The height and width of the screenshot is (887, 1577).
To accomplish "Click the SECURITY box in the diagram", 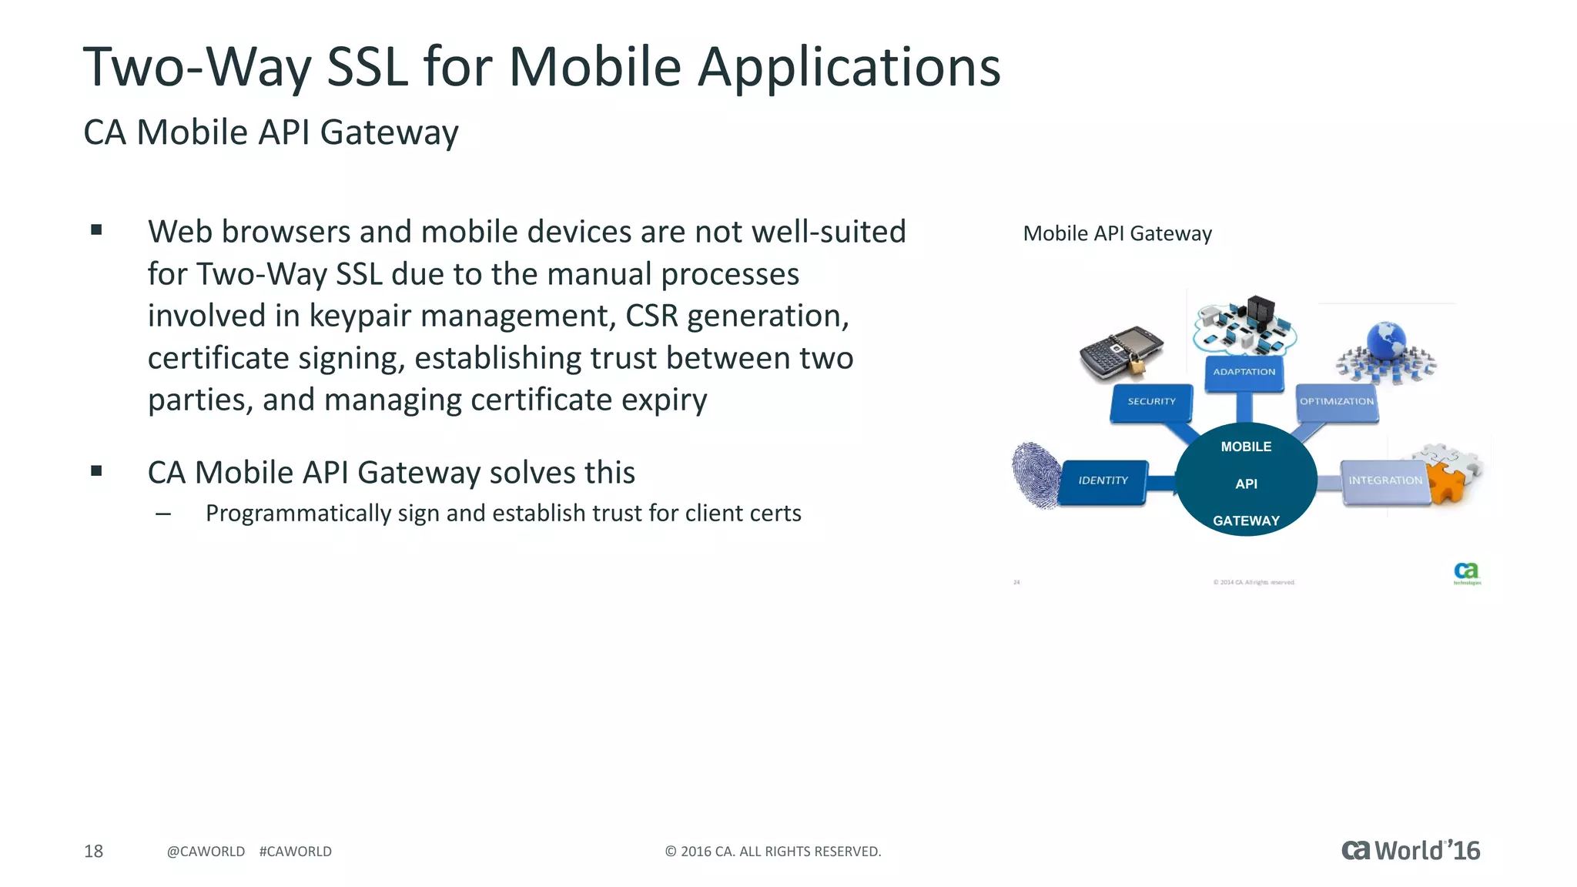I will (1151, 402).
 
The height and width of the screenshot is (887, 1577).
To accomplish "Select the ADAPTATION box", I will (1244, 373).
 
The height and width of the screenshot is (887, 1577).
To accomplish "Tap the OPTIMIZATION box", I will (1337, 402).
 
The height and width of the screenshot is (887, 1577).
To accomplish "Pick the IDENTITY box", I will (1103, 481).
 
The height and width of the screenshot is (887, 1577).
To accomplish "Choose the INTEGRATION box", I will (1384, 481).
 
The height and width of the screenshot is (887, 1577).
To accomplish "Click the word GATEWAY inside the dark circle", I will (1246, 521).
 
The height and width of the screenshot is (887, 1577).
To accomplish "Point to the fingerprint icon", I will (1035, 475).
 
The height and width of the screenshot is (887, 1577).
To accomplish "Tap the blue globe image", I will (1387, 343).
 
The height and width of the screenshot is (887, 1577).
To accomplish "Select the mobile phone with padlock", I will (1120, 353).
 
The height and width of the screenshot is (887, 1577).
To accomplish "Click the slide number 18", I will (93, 852).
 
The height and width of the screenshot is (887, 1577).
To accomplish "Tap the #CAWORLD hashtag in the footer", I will (296, 852).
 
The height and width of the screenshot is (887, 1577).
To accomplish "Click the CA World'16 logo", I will (1411, 851).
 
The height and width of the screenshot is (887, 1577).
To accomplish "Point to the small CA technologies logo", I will (1466, 573).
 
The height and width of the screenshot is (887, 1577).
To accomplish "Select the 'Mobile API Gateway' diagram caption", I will (1117, 234).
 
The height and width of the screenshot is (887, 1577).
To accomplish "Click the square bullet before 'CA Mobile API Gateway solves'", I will (96, 471).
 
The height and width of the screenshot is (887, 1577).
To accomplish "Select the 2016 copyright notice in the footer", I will (772, 852).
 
